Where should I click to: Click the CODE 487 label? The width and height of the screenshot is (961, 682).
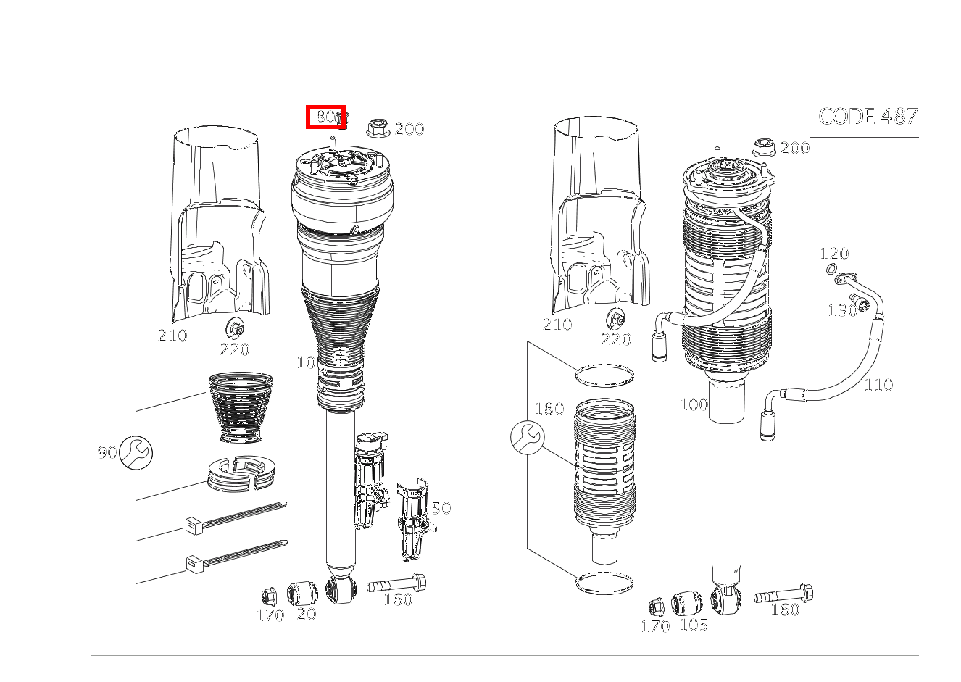pos(868,116)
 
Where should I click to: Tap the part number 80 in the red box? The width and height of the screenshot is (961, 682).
pos(325,117)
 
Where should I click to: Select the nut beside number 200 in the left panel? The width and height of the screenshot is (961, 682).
pos(378,128)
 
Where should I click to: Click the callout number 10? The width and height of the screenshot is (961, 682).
pos(307,363)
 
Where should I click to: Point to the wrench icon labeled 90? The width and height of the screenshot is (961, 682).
pos(136,452)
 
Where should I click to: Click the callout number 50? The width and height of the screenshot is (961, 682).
pos(441,508)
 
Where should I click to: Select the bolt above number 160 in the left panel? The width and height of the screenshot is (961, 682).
pos(396,583)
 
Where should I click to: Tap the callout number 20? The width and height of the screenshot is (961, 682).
pos(307,614)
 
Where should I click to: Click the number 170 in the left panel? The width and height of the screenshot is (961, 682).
pos(270,615)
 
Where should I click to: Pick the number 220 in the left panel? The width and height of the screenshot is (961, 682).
pos(235,349)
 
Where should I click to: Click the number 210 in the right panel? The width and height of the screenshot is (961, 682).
pos(557,324)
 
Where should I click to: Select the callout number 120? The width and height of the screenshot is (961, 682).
pos(834,254)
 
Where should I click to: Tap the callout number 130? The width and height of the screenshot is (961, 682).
pos(842,310)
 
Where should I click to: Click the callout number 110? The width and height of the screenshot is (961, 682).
pos(878,385)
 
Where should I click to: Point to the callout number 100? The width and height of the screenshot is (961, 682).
pos(694,404)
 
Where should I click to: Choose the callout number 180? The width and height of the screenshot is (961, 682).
pos(549,408)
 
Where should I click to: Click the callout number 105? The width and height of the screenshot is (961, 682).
pos(694,625)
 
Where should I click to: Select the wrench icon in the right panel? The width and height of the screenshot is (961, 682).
pos(528,438)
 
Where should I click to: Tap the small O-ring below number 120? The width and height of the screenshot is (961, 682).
pos(831,270)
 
